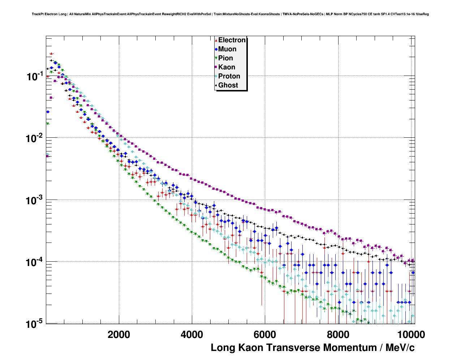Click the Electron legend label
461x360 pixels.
click(232, 40)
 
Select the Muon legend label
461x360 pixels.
click(227, 49)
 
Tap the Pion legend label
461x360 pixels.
click(225, 58)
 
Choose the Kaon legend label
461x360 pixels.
click(227, 67)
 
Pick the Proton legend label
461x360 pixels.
click(229, 76)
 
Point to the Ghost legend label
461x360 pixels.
click(228, 85)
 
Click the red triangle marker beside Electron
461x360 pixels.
click(216, 40)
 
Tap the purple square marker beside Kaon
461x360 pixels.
click(216, 67)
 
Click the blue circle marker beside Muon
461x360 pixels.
click(216, 49)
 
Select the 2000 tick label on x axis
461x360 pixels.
click(119, 335)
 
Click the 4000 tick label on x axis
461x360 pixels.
click(192, 335)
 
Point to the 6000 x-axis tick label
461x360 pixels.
click(265, 335)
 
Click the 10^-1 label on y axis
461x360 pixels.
click(35, 76)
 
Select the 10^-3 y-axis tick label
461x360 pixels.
click(35, 200)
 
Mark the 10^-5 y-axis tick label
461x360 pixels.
click(35, 323)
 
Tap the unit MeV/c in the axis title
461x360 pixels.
click(400, 348)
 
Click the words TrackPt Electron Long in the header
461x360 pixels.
click(49, 14)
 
